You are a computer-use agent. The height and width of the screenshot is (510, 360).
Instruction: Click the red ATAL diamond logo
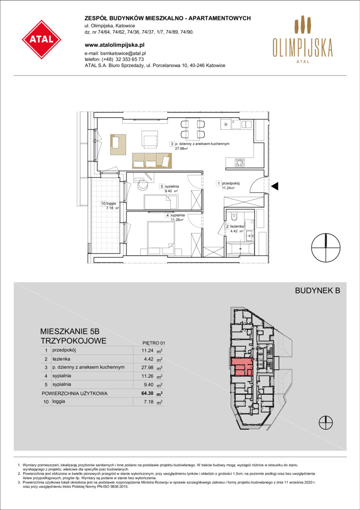(x=42, y=40)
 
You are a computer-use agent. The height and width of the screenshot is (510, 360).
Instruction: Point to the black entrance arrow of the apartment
(x=275, y=187)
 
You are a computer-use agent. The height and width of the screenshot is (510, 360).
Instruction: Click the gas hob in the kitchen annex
(x=241, y=162)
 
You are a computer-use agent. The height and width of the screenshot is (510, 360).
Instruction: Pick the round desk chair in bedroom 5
(x=142, y=185)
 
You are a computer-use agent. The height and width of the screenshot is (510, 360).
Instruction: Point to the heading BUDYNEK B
(x=317, y=291)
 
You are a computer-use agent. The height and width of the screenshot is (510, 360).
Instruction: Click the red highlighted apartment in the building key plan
(x=242, y=366)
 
